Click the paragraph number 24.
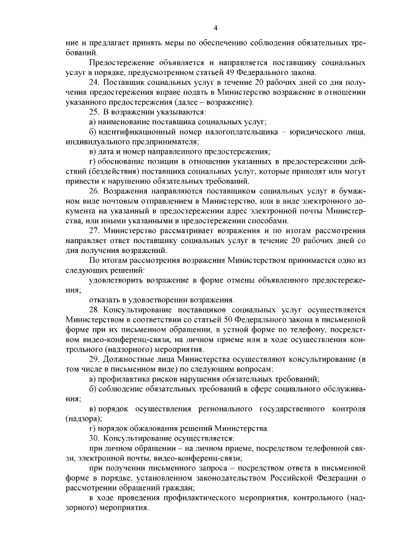tap(94, 82)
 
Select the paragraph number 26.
tap(94, 191)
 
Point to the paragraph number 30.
tap(94, 438)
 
